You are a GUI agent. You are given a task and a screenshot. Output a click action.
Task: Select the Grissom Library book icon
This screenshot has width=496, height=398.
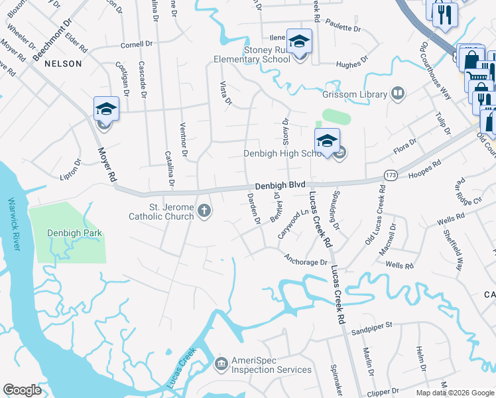(398, 93)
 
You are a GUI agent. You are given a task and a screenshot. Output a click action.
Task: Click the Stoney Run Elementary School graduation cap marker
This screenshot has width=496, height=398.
(299, 42)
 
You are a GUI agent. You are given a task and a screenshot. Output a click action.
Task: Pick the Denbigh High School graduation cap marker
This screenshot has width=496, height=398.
(327, 141)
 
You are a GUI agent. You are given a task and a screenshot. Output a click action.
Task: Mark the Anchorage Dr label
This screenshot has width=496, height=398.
(306, 261)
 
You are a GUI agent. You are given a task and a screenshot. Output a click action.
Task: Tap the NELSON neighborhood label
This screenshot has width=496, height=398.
(63, 64)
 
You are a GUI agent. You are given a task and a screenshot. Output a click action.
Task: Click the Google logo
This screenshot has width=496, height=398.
(22, 390)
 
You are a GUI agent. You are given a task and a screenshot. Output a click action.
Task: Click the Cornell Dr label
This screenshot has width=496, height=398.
(137, 45)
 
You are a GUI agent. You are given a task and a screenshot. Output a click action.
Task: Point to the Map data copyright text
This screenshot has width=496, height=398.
(454, 393)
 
